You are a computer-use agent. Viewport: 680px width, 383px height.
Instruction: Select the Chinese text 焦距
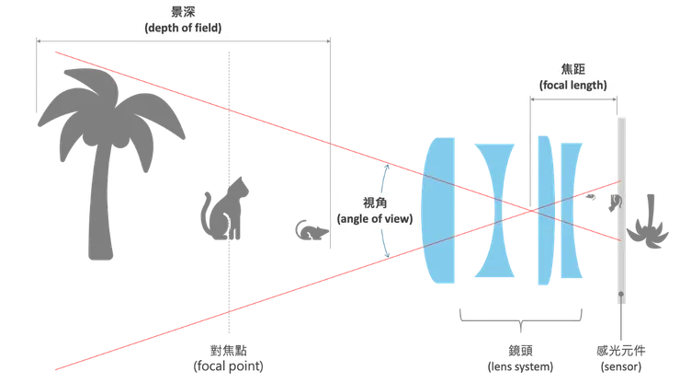[571, 69]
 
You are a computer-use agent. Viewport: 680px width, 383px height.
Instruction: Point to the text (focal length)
[571, 85]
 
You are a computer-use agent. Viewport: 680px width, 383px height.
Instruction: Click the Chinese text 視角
[375, 203]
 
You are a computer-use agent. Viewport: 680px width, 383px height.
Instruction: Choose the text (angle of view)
[375, 218]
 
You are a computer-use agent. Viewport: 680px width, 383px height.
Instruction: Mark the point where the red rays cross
[531, 211]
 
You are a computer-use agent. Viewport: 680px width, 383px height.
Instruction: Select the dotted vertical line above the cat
[224, 110]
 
